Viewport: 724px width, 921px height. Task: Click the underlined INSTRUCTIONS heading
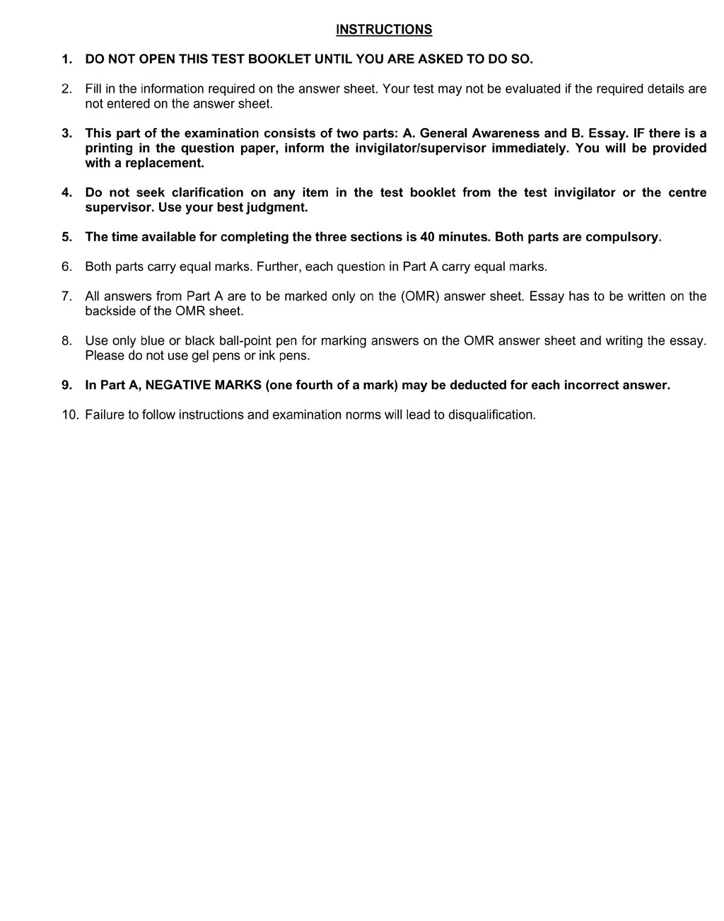pyautogui.click(x=384, y=30)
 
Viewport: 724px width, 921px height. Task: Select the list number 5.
pyautogui.click(x=66, y=237)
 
